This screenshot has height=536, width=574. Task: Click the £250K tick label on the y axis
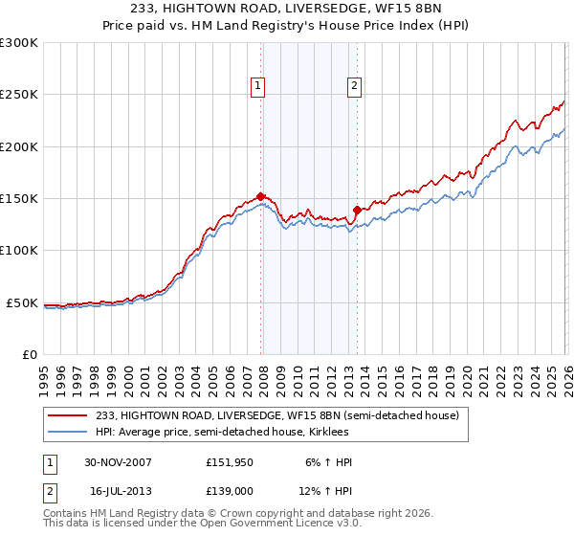point(18,95)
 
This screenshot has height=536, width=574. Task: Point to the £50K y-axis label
point(21,302)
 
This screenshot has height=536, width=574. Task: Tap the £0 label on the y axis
point(29,354)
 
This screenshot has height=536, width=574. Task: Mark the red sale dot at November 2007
point(260,196)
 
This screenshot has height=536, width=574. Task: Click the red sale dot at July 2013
point(357,210)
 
